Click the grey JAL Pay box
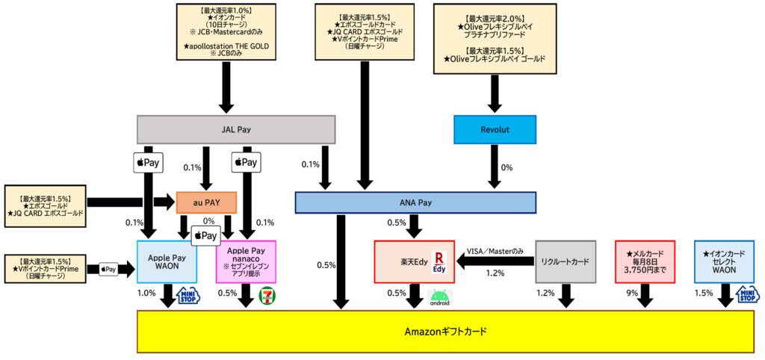point(236,129)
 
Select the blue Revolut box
point(495,129)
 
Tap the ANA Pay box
point(415,202)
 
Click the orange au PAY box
point(206,202)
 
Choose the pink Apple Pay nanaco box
point(246,261)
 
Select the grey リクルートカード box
point(566,261)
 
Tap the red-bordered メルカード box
point(645,261)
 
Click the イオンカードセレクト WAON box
point(724,261)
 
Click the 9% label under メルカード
point(632,294)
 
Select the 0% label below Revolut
point(507,167)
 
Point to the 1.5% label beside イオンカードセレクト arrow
point(704,294)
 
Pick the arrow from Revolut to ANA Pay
point(495,167)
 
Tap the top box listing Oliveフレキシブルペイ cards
point(495,38)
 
